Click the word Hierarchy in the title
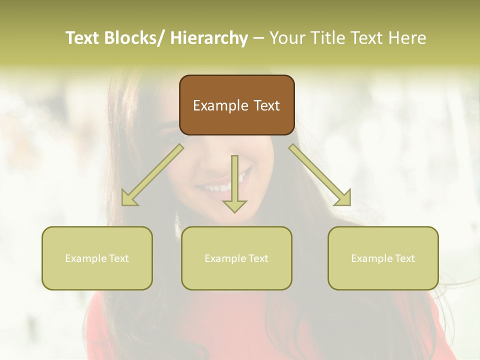coord(209,38)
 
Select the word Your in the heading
coord(286,38)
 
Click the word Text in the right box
coord(404,258)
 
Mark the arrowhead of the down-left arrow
coord(128,199)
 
